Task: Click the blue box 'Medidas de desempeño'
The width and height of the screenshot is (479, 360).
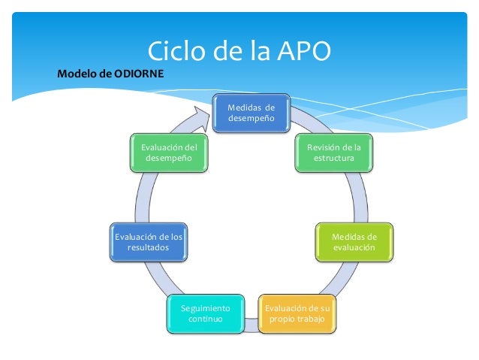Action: [252, 113]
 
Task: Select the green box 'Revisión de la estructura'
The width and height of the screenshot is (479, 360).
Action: [333, 153]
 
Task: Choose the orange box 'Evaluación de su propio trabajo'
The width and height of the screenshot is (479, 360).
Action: [297, 313]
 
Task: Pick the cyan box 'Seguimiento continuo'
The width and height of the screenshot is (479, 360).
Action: [205, 313]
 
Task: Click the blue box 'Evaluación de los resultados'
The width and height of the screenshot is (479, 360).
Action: [147, 241]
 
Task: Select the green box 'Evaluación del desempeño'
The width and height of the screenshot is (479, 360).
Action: [168, 153]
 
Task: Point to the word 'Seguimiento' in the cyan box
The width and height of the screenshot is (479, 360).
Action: [205, 308]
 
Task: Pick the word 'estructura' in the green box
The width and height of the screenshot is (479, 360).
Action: [333, 159]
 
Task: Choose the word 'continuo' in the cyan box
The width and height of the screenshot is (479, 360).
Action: [205, 319]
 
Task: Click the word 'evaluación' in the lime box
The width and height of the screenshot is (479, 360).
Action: [354, 247]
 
